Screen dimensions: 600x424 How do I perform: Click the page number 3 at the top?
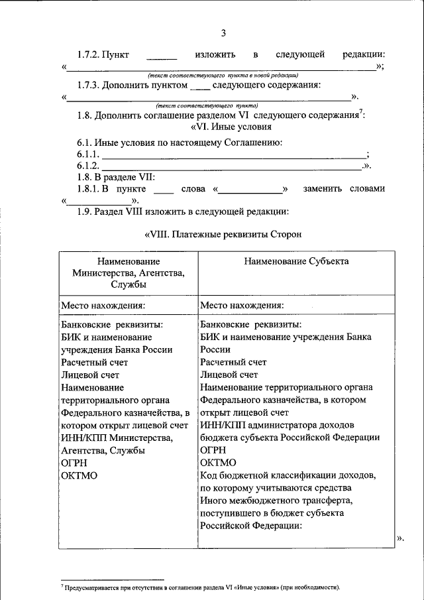(x=223, y=34)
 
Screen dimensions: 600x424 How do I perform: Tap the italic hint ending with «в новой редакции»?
(x=223, y=76)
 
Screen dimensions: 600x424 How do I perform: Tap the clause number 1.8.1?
(x=88, y=189)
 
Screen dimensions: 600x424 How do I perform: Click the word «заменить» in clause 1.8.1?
(x=323, y=189)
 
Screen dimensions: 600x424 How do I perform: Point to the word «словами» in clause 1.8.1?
(x=368, y=189)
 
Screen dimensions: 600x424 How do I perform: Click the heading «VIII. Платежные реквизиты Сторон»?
(x=223, y=234)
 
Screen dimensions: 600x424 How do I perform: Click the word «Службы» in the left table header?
(x=129, y=284)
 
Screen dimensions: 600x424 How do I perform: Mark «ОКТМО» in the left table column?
(x=79, y=475)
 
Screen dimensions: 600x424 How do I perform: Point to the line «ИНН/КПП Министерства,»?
(x=117, y=438)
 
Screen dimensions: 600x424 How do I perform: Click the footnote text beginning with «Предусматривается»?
(x=203, y=587)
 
